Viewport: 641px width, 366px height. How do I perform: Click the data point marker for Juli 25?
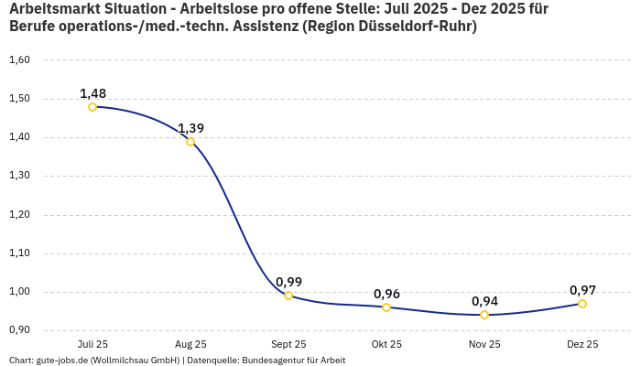92,107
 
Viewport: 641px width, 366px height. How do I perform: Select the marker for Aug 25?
190,142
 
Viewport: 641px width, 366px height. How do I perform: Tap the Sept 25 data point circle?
288,296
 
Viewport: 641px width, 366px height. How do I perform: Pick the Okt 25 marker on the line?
386,307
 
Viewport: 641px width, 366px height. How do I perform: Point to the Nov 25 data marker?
484,315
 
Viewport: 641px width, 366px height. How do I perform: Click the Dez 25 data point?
582,304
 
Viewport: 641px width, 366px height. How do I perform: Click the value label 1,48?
92,93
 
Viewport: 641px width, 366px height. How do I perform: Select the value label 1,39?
190,128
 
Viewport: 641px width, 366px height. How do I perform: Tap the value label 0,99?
288,282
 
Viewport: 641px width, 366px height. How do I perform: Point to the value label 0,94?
484,301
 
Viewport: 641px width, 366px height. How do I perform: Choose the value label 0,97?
582,290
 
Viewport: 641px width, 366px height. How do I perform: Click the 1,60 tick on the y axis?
19,60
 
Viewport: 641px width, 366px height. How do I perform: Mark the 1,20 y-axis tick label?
19,214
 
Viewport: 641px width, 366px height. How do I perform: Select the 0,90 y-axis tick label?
19,329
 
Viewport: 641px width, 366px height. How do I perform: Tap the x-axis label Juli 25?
92,345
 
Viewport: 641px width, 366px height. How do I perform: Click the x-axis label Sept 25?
288,345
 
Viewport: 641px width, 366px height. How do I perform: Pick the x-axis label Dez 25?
582,345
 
